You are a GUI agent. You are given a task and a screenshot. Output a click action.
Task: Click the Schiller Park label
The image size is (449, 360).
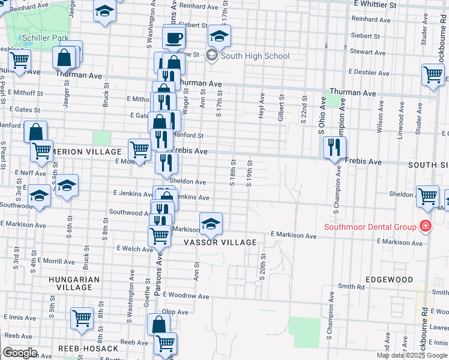point(46,38)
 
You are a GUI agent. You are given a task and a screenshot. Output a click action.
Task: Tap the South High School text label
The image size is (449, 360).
point(255,56)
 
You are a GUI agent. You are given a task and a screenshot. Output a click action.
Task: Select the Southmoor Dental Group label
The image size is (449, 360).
point(370,227)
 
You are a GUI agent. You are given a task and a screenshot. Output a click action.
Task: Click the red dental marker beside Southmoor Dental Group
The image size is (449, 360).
point(425,226)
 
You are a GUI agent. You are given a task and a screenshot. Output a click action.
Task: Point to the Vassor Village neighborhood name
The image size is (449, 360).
point(221,242)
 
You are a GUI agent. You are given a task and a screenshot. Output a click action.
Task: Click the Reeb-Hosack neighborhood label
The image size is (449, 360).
point(80,349)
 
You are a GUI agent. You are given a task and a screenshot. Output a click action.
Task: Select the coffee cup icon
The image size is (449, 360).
point(174,38)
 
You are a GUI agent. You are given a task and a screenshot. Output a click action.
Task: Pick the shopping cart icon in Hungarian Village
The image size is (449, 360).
point(82,318)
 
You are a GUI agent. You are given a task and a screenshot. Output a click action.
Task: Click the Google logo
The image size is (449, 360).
point(19,353)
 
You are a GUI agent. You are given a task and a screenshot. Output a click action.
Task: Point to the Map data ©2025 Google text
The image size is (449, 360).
point(412,355)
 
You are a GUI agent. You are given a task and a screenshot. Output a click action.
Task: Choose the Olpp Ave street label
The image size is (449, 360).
point(175,312)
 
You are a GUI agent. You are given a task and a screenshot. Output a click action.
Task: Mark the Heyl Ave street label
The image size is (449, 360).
point(262,104)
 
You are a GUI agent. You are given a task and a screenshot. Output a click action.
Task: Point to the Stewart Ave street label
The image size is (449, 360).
point(366,52)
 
